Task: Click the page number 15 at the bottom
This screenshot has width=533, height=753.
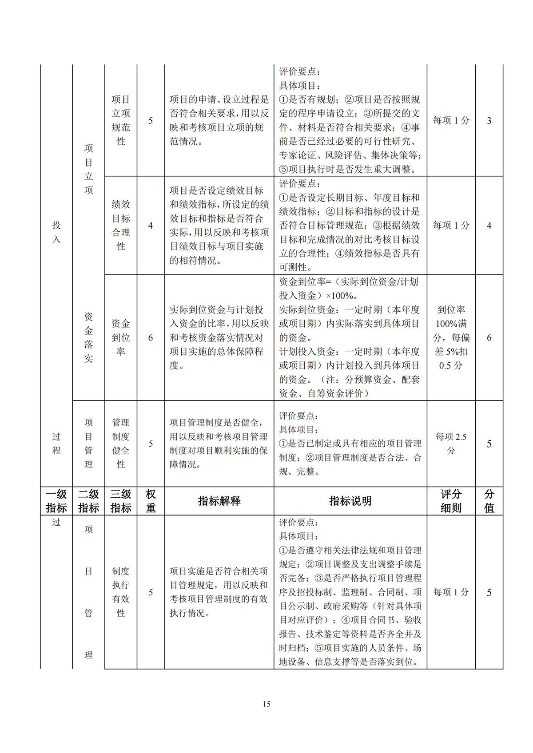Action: click(x=266, y=704)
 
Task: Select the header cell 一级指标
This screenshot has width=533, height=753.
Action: click(x=56, y=501)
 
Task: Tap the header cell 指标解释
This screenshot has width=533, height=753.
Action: click(x=219, y=501)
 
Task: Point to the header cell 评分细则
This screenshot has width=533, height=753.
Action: click(x=451, y=501)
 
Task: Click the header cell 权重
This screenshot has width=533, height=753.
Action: click(x=151, y=501)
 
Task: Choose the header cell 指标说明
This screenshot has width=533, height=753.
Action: click(x=350, y=501)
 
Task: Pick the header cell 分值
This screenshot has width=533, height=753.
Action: click(x=489, y=501)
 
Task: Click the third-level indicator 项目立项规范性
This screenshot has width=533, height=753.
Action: click(x=121, y=120)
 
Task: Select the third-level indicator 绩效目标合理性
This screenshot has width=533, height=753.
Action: click(x=121, y=225)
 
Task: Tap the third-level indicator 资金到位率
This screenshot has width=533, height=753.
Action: click(x=121, y=337)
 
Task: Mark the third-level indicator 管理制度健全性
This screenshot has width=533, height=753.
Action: click(x=121, y=444)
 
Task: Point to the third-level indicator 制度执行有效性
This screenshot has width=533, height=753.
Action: click(x=121, y=592)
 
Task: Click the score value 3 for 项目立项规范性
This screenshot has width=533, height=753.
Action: click(x=489, y=120)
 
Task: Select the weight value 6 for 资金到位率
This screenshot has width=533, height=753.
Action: click(x=151, y=338)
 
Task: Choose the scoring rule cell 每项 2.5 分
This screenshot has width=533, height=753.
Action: click(x=451, y=444)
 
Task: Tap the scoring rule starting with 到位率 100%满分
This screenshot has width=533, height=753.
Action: click(x=451, y=337)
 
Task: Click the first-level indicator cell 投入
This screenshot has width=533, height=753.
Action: click(x=56, y=232)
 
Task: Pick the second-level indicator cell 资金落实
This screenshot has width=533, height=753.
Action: click(x=89, y=337)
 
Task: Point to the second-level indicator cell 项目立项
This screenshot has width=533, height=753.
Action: click(x=89, y=169)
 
